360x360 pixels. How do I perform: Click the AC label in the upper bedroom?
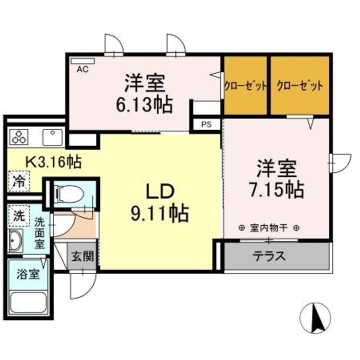pos(82,69)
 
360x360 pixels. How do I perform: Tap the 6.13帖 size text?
pos(145,104)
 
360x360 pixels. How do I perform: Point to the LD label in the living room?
pos(159,191)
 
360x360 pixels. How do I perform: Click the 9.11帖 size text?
pos(160,214)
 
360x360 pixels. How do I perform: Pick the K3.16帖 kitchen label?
pos(53,162)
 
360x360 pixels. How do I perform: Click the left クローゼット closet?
pos(245,85)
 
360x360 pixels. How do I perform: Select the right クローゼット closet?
pos(299,85)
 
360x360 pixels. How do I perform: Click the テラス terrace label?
pos(268,256)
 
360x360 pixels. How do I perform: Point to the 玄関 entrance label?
pos(81,257)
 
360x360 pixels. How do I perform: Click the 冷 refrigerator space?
pos(18,181)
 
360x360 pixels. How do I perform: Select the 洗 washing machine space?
pos(18,216)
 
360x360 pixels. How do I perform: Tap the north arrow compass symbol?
pos(316,317)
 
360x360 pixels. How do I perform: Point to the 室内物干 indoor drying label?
pos(268,227)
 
